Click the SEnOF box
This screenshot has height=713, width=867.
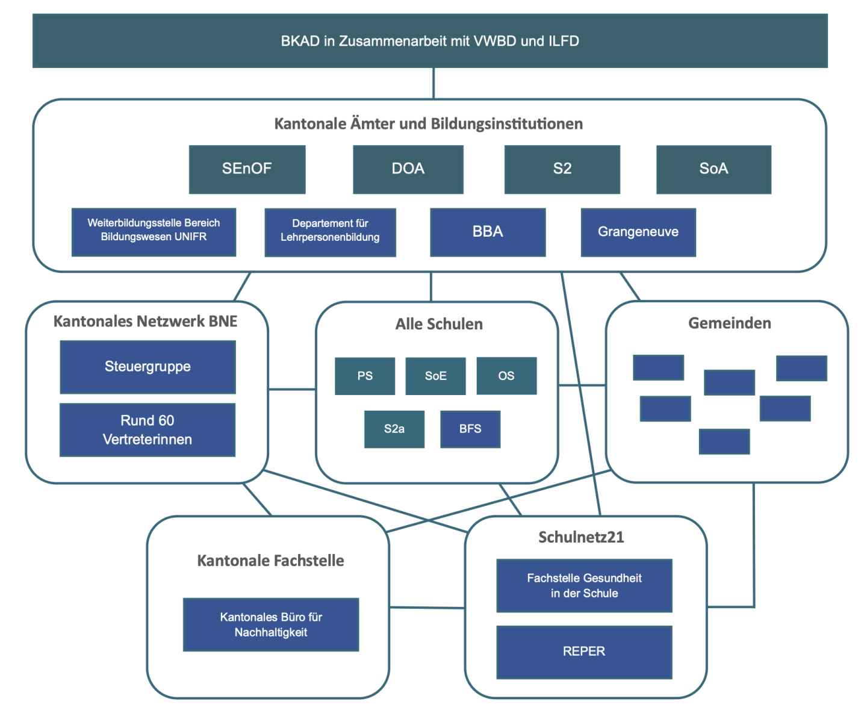[247, 169]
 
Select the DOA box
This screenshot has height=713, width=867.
[408, 169]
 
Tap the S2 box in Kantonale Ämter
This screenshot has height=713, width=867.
[562, 169]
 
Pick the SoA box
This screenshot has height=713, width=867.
[713, 169]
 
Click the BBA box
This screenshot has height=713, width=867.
[488, 232]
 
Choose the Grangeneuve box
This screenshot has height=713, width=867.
[638, 232]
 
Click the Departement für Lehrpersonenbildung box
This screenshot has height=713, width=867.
[330, 232]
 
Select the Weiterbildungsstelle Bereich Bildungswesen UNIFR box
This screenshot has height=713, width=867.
[154, 232]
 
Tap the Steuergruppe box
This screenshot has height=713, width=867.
[148, 367]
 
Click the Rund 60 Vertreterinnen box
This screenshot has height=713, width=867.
[148, 429]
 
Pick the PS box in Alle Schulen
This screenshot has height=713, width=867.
[365, 376]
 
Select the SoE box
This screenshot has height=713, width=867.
[435, 376]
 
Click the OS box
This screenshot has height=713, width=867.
[506, 376]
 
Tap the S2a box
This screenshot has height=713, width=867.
[394, 429]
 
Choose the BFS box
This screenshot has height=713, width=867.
[470, 429]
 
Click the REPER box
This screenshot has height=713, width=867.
[584, 652]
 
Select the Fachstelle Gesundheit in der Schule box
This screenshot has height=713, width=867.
[584, 585]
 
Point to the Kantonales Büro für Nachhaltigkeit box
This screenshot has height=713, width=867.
[271, 624]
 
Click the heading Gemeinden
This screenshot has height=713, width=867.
[729, 323]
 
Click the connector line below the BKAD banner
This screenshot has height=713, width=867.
[433, 83]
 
